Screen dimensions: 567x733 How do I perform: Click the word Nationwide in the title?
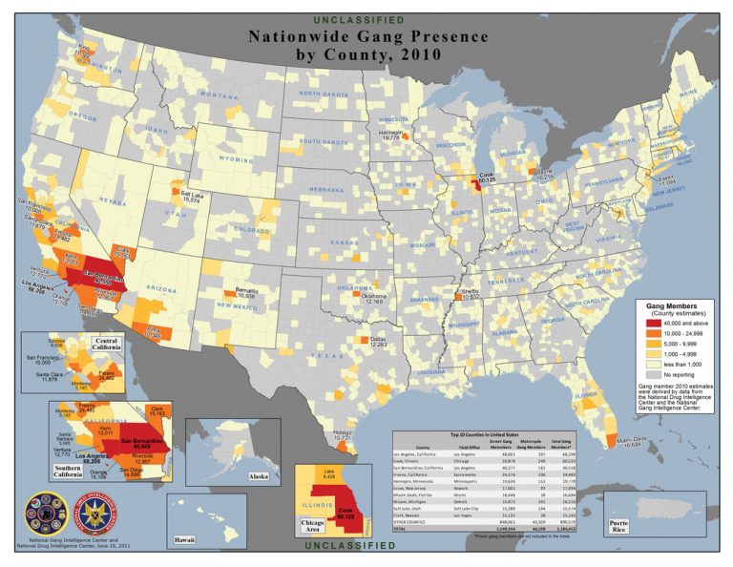[302, 37]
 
